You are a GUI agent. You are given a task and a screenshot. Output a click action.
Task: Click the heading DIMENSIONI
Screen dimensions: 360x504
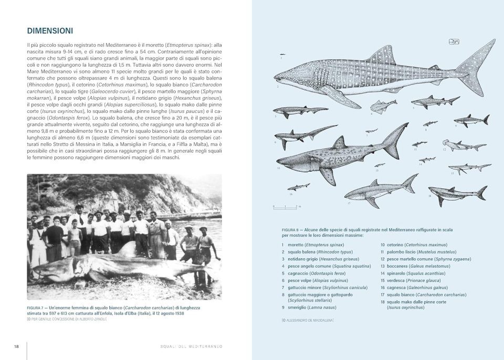[x=50, y=30]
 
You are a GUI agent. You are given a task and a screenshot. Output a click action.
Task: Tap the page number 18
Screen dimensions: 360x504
[x=17, y=346]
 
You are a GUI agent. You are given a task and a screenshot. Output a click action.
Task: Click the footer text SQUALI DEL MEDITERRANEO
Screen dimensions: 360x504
[x=192, y=346]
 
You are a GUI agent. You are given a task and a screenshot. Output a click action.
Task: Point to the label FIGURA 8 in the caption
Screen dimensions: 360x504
[x=292, y=230]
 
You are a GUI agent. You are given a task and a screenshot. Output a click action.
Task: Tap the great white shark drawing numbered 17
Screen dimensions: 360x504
[x=381, y=191]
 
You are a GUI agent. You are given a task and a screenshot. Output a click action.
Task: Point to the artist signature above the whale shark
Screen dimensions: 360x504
[x=454, y=42]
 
